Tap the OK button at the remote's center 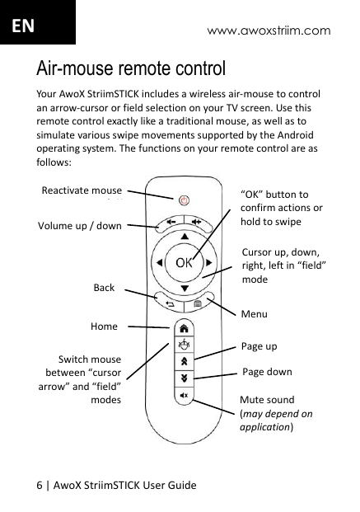coord(184,264)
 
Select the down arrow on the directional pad coord(185,288)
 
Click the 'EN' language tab coord(21,25)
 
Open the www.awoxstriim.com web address coord(269,31)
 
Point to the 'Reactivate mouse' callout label coord(82,191)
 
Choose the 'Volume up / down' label coord(79,226)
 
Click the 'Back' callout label coord(104,288)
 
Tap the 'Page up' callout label coord(259,346)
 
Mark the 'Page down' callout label coord(266,372)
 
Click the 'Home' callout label coord(105,326)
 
